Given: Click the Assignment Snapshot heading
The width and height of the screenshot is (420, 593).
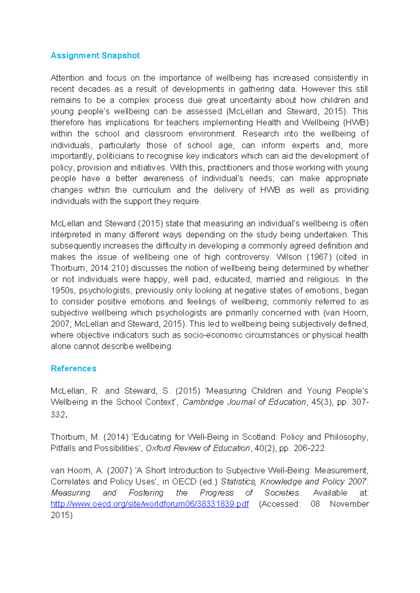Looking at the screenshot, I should tap(95, 56).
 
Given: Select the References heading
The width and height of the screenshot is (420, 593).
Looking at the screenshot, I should tap(73, 369).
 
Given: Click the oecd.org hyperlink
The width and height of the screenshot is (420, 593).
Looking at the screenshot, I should tap(149, 504).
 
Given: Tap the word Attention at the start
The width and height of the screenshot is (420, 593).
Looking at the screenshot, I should tap(67, 78).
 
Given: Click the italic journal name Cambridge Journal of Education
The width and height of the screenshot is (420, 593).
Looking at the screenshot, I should tap(244, 402).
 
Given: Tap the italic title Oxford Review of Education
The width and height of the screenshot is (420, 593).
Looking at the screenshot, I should tap(198, 448).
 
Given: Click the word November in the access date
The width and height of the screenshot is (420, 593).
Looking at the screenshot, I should tap(349, 504).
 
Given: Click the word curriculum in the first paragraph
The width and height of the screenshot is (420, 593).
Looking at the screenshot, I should tap(152, 190).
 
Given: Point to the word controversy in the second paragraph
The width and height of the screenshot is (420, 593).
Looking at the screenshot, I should tap(248, 257).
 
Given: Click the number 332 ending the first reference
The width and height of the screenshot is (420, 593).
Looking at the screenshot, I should tap(58, 415).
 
